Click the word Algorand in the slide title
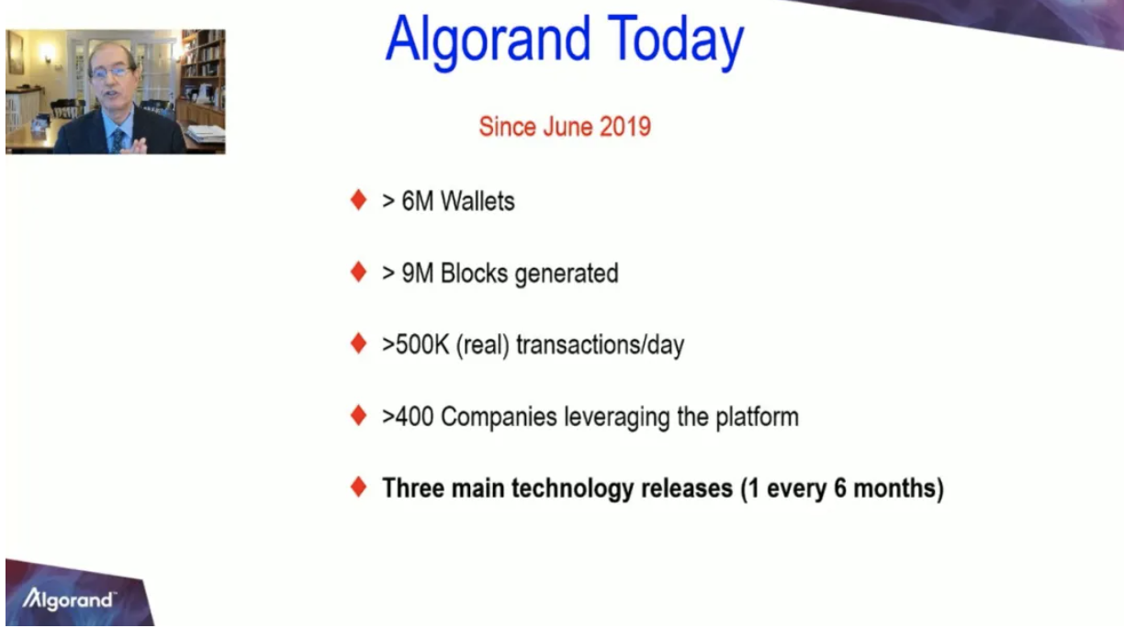489,41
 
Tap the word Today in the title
676,41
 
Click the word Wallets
478,202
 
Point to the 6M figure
418,202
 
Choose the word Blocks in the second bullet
474,274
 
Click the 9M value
418,274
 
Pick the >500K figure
415,345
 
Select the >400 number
408,417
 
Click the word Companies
499,417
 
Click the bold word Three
413,488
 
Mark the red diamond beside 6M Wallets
359,199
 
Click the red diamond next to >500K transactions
359,343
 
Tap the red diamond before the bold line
359,487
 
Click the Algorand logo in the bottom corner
69,599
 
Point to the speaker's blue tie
118,140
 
